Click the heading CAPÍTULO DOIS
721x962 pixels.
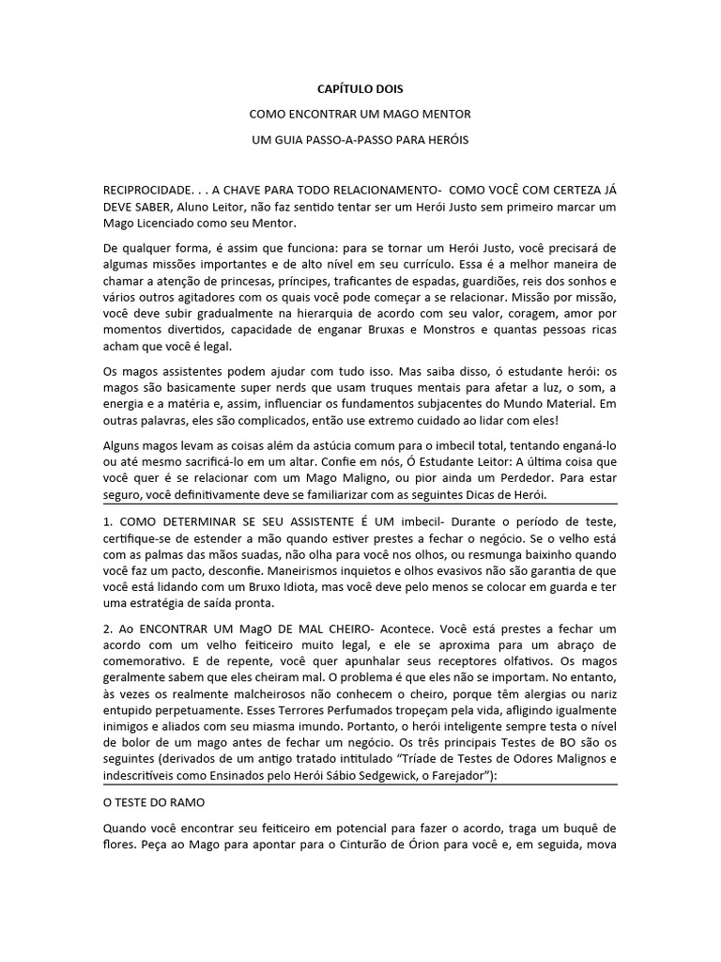click(360, 89)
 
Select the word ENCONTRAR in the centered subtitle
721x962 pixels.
click(324, 115)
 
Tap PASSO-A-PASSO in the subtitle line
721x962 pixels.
click(363, 140)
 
